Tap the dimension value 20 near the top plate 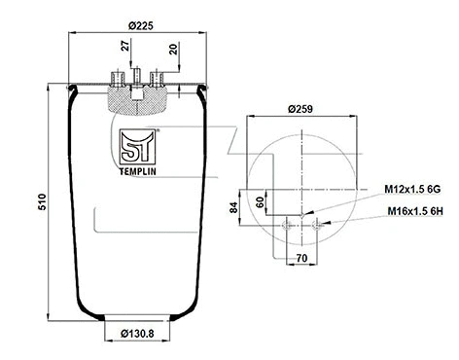tap(173, 50)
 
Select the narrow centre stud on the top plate tap(136, 77)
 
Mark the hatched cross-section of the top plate tap(136, 98)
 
